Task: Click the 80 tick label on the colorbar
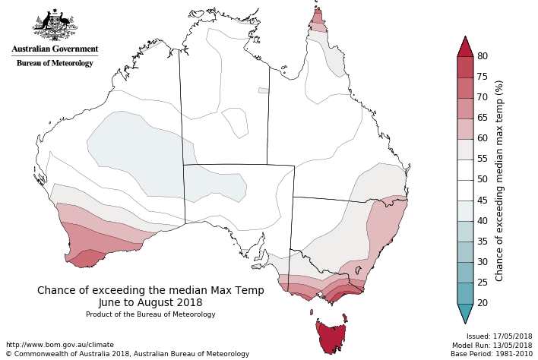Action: [482, 56]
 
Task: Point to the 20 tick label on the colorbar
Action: [482, 303]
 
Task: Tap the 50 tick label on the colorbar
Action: [482, 180]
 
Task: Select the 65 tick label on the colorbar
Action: [482, 118]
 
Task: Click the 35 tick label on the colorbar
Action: [482, 242]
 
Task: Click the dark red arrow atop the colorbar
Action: [465, 46]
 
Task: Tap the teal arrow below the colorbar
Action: [465, 313]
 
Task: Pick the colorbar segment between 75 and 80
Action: [465, 67]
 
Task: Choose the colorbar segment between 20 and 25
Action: [465, 292]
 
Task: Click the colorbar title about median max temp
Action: [500, 180]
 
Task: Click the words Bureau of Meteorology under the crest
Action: [55, 63]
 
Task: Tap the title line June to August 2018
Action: [150, 302]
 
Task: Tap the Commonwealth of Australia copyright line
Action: [128, 354]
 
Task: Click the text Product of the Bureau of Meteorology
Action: [150, 314]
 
